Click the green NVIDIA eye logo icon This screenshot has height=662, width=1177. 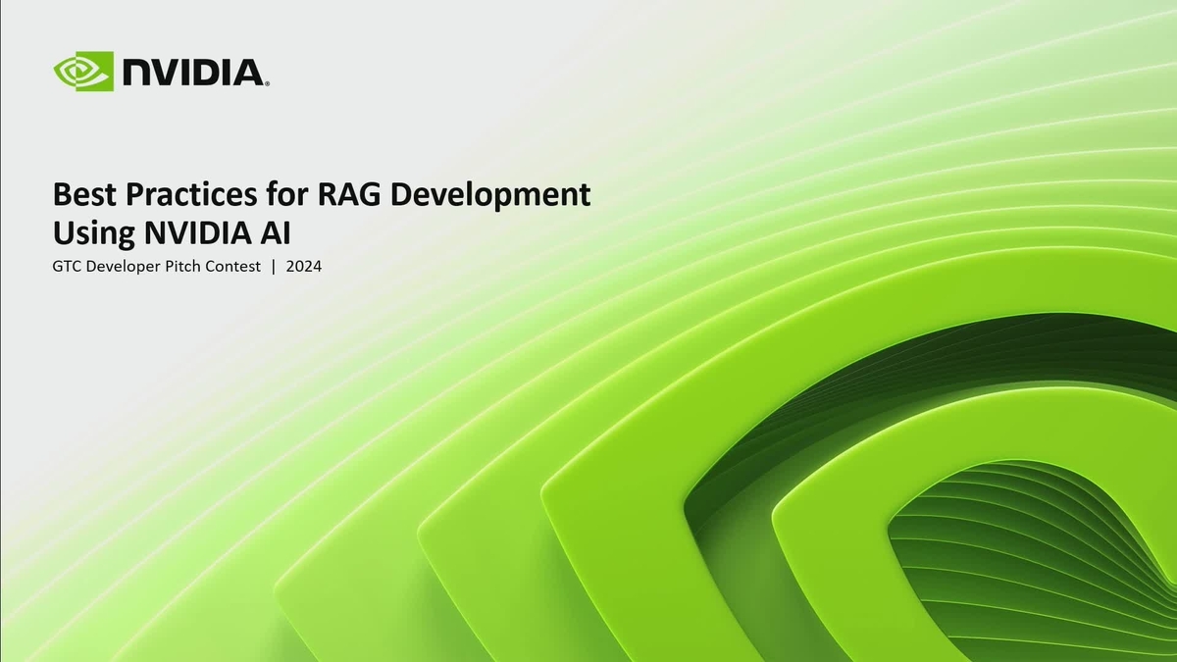[84, 72]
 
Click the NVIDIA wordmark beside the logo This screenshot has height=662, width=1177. [192, 72]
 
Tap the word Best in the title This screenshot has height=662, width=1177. [82, 195]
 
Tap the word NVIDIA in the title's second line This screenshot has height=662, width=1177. [193, 234]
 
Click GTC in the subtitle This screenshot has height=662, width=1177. [67, 267]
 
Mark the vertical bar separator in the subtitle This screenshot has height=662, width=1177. [274, 267]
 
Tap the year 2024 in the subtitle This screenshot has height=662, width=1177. [304, 267]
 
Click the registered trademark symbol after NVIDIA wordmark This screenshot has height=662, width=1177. [267, 83]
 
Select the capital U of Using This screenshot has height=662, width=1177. [63, 234]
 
